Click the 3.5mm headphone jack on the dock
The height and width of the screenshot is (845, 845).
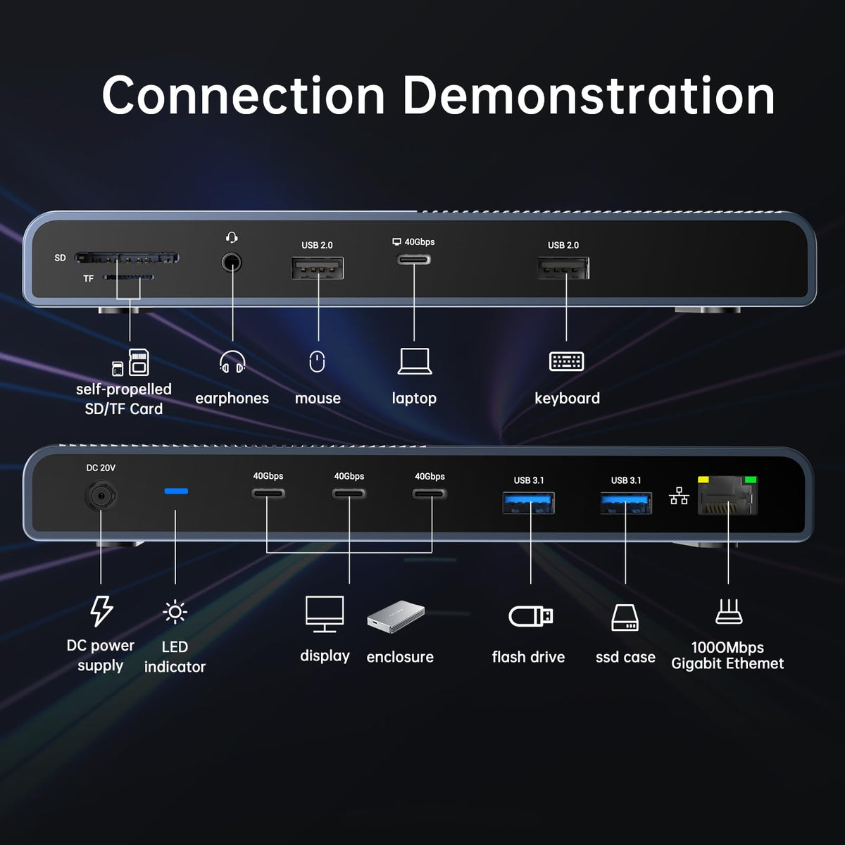pos(232,263)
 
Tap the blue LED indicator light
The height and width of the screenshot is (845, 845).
pos(176,491)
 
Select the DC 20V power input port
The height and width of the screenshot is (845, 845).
pos(101,496)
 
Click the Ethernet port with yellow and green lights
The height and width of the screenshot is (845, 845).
pos(727,496)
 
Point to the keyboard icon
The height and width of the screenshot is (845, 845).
pos(566,361)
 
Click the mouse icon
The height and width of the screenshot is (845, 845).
pos(318,362)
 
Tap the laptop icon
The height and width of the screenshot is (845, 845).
pos(414,361)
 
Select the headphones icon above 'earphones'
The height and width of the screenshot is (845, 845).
pos(232,363)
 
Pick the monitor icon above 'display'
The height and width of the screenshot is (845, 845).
pos(325,613)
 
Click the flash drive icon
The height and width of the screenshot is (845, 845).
pos(531,616)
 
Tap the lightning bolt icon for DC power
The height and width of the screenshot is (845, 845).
pos(101,611)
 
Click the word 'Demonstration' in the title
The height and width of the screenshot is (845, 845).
pos(588,96)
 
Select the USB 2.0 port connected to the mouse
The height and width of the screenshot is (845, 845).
pos(318,268)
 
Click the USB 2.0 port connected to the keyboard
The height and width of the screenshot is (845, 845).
pos(563,268)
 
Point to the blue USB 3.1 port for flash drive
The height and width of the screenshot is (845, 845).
pos(528,503)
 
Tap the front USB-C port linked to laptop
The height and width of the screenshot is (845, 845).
pos(414,260)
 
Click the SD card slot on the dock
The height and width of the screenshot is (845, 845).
pos(127,258)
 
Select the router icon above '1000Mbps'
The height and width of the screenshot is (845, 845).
pos(728,612)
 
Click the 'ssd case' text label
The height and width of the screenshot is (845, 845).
pos(625,657)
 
